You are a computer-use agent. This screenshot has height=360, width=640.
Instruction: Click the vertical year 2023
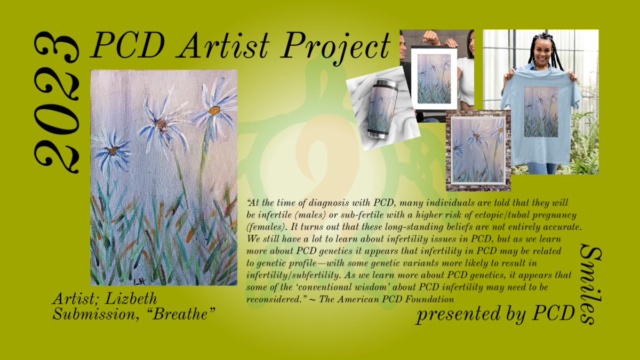(x=57, y=102)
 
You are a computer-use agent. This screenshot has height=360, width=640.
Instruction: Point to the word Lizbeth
(x=131, y=299)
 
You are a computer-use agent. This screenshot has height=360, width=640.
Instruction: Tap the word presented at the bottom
(x=458, y=314)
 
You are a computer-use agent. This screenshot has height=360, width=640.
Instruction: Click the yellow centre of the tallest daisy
(x=214, y=110)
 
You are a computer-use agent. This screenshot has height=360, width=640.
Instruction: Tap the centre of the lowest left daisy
(x=113, y=150)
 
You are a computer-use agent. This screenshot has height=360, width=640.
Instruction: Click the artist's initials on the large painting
(x=140, y=282)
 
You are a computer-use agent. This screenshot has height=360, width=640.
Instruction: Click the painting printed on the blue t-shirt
(x=541, y=111)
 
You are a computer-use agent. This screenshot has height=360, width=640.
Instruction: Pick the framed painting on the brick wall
(x=478, y=150)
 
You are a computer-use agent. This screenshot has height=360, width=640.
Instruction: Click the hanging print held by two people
(x=434, y=78)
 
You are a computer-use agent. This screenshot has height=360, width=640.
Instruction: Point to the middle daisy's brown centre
(x=162, y=125)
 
